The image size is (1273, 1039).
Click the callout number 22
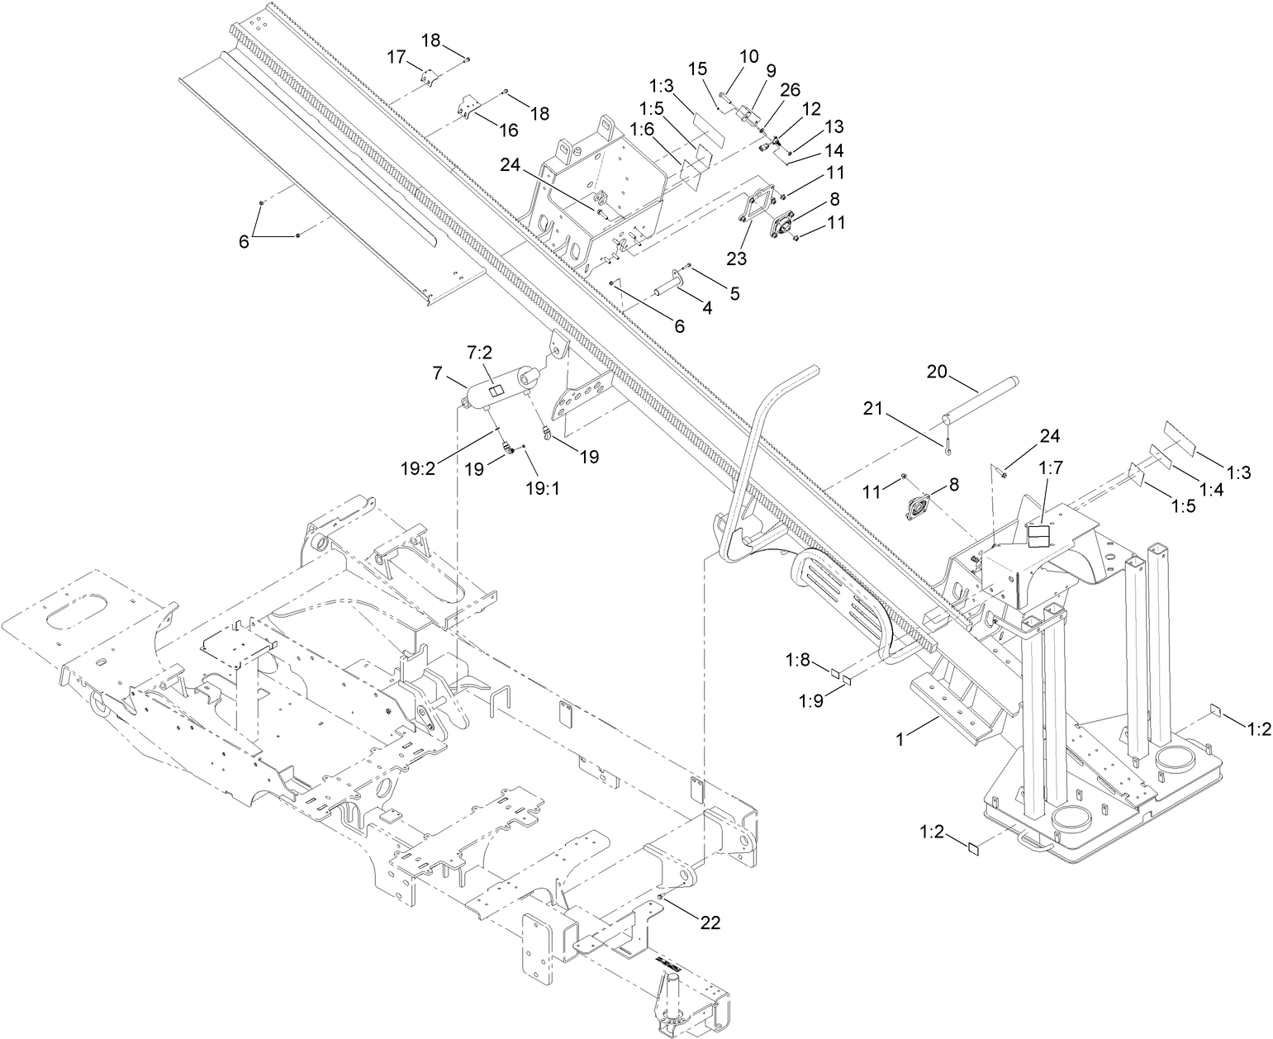click(x=710, y=923)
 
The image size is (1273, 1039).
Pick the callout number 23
click(x=737, y=259)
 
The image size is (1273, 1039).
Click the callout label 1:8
click(x=798, y=660)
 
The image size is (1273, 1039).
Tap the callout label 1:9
click(x=811, y=700)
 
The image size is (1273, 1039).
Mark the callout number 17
click(x=397, y=57)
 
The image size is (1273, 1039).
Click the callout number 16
click(x=507, y=130)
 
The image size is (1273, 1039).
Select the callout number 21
click(x=874, y=407)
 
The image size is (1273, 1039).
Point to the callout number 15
click(x=699, y=67)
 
